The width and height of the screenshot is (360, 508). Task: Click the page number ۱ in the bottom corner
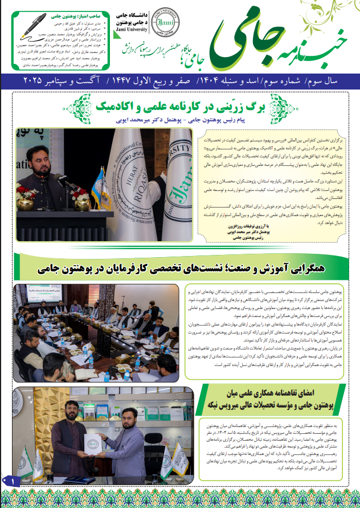coord(13,482)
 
